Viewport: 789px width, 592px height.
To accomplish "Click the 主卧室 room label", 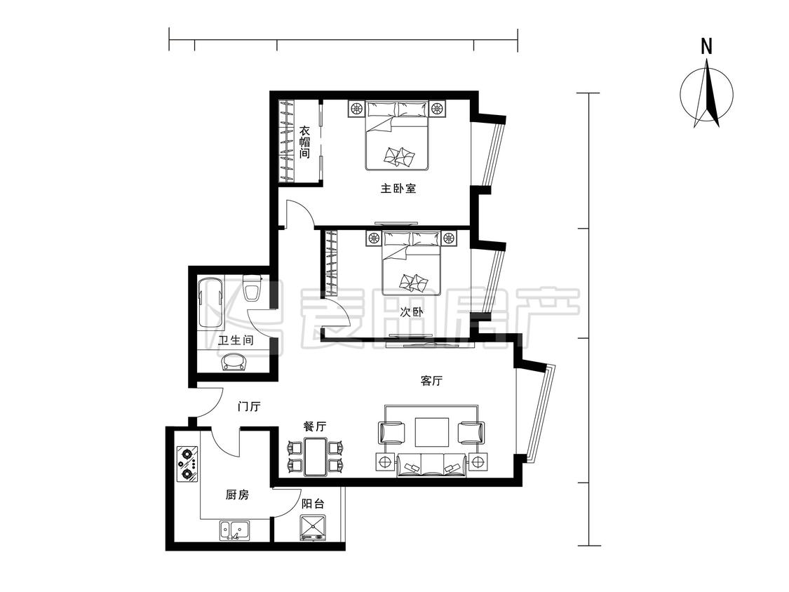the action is click(398, 189).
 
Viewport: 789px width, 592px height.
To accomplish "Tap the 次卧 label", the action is click(411, 312).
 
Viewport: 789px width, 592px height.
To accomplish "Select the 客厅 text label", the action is click(431, 381).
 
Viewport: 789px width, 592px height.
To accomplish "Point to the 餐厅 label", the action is click(314, 426).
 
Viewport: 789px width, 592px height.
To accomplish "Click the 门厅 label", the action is click(248, 405).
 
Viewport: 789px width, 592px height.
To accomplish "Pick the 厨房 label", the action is click(237, 495).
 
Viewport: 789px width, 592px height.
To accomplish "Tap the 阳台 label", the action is click(313, 504).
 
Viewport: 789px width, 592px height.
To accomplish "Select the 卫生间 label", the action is click(236, 340).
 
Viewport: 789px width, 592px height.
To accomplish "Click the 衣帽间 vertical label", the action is click(304, 142).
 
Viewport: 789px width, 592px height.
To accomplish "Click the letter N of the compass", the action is click(707, 46).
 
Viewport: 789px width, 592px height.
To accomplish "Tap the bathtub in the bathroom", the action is click(210, 302).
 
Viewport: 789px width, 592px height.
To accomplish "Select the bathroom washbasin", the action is click(234, 362).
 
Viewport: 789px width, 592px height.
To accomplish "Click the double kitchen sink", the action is click(234, 530).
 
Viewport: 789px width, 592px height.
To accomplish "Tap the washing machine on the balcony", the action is click(313, 527).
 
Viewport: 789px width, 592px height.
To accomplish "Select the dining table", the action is click(316, 457).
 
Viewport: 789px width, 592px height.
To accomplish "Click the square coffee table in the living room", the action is click(432, 432).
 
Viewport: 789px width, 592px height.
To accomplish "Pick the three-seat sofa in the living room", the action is click(432, 464).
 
